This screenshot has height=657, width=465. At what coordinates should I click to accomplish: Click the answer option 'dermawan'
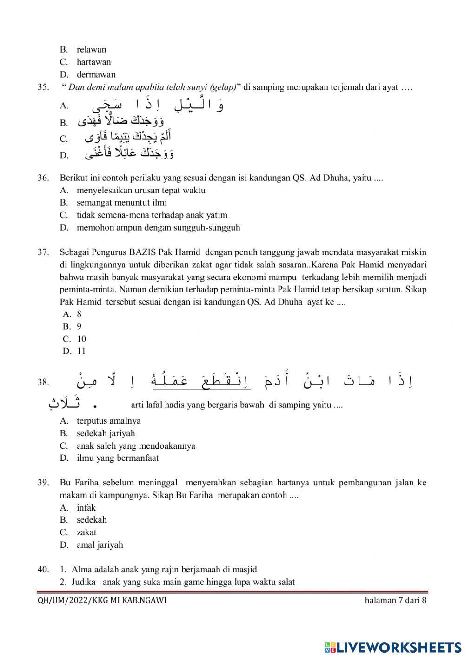[96, 74]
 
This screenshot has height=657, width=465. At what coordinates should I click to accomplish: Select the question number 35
[43, 87]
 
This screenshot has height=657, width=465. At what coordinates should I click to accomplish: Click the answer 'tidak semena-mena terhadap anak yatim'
[152, 215]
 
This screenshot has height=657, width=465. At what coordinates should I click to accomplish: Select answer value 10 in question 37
[81, 339]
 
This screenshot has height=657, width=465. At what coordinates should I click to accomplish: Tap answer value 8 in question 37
[79, 314]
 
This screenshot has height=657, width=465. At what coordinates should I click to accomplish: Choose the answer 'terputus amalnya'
[108, 421]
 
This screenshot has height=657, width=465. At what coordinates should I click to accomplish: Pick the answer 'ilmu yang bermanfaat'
[118, 458]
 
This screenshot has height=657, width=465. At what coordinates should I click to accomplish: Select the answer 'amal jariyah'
[100, 545]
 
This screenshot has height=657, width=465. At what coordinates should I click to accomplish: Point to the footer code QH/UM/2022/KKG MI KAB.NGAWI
[102, 600]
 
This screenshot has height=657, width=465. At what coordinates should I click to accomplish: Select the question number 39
[43, 483]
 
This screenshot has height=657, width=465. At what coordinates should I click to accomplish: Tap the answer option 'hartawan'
[93, 62]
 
